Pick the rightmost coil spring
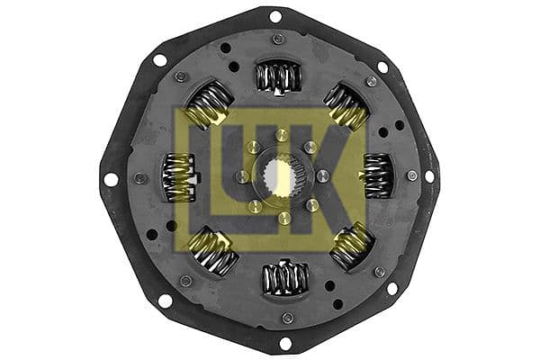pos(377,174)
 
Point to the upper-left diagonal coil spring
pos(209,104)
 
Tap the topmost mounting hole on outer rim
pos(275,16)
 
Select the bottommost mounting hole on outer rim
pos(285,343)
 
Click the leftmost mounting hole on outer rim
pos(111,179)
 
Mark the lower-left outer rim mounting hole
pos(165,301)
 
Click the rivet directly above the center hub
pos(280,135)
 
